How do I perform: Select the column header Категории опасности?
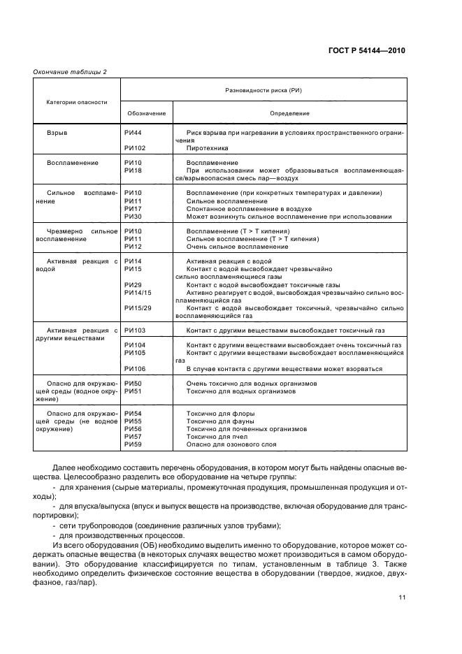(77, 102)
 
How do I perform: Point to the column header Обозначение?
(146, 113)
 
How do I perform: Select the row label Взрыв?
(57, 132)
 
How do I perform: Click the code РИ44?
(133, 132)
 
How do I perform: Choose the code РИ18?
(133, 170)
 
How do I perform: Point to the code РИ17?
(133, 208)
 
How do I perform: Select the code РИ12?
(133, 246)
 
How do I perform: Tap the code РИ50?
(133, 384)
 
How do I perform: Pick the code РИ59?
(133, 444)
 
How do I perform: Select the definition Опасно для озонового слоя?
(231, 444)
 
